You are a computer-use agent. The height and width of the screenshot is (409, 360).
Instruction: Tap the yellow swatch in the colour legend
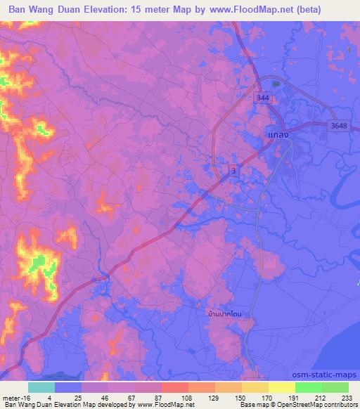click(281, 387)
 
